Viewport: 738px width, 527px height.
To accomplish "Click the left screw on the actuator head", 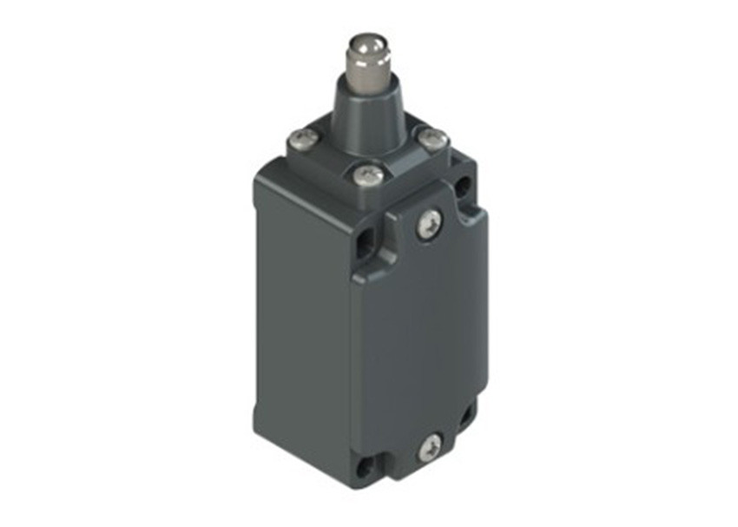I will pyautogui.click(x=300, y=138).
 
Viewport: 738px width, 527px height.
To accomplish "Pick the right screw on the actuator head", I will pyautogui.click(x=432, y=138).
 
